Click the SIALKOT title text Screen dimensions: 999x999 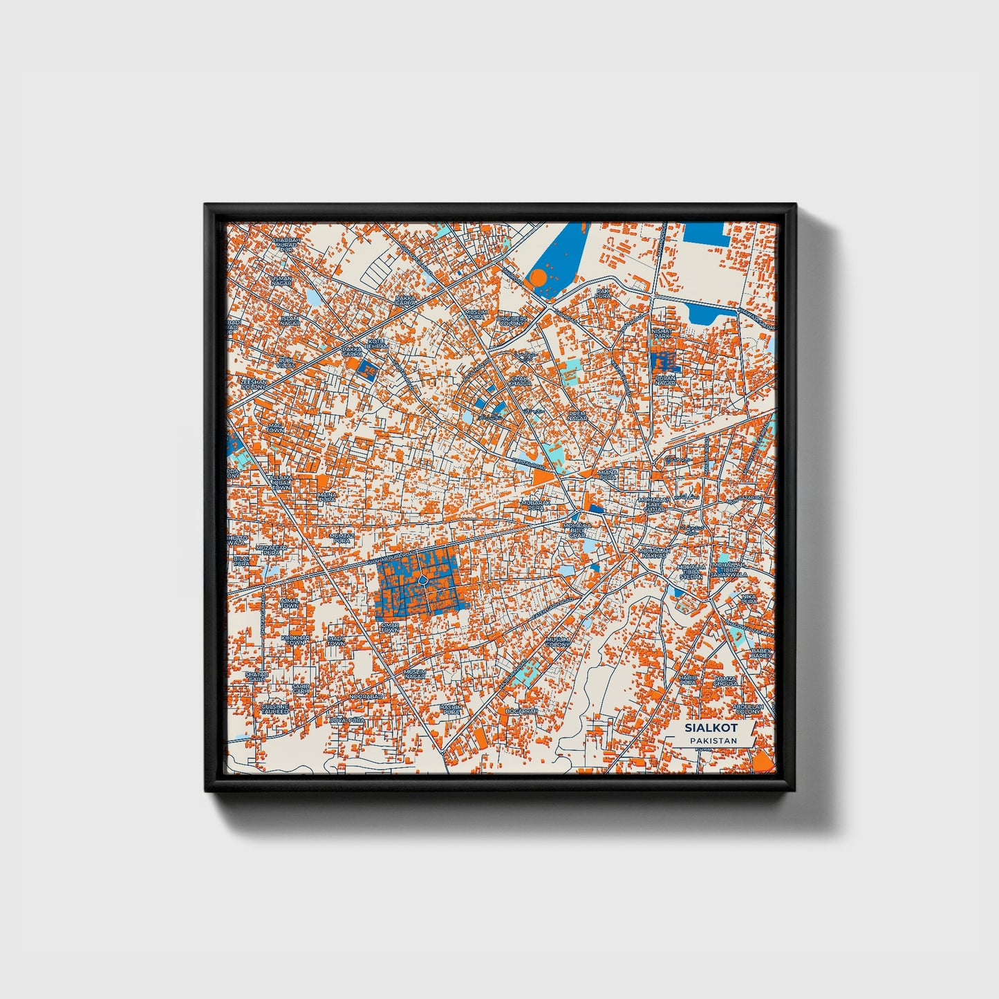(x=711, y=727)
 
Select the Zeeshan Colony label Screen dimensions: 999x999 (x=252, y=384)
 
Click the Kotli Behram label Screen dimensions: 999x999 (x=377, y=344)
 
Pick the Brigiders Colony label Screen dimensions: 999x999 (x=512, y=321)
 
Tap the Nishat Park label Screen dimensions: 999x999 (x=661, y=334)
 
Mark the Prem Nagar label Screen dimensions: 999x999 (x=577, y=416)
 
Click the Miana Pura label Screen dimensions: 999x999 (x=608, y=475)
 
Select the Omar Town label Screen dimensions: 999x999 (x=389, y=628)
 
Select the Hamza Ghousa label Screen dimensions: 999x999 (x=727, y=681)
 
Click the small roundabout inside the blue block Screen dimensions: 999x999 (x=422, y=578)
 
